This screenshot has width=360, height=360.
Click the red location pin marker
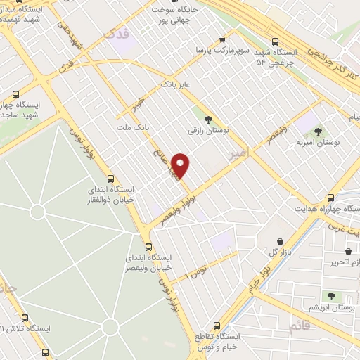(x=181, y=166)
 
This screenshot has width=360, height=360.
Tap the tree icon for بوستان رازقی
(x=207, y=119)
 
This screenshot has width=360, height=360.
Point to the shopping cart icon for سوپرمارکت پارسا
(x=222, y=39)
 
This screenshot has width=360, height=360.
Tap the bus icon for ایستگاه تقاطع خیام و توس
(x=217, y=326)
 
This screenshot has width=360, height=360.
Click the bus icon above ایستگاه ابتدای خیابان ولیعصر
(x=148, y=247)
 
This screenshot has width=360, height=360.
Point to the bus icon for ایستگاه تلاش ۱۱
(x=25, y=318)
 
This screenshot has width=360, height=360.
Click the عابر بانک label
(x=176, y=85)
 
